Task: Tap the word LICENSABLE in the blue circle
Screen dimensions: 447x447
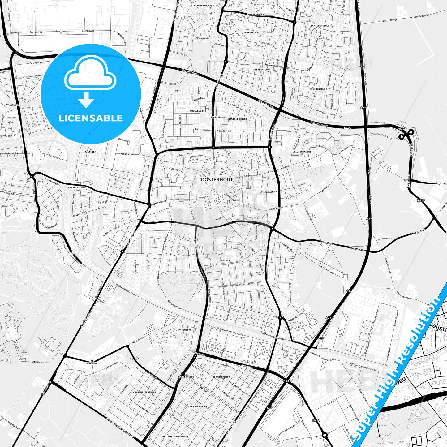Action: (x=91, y=118)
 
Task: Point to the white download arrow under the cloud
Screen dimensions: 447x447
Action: (x=86, y=100)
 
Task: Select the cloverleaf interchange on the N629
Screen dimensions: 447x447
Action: (x=406, y=134)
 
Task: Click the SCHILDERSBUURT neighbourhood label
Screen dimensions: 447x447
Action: (x=321, y=26)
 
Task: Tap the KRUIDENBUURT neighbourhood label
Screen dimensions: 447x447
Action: (x=318, y=89)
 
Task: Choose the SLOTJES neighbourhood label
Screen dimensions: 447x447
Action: (x=225, y=260)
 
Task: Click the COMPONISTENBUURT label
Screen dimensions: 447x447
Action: (x=144, y=392)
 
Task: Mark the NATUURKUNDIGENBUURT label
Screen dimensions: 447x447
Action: (x=176, y=436)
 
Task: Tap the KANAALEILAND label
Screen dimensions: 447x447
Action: (x=77, y=187)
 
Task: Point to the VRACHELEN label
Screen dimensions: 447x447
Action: (x=13, y=105)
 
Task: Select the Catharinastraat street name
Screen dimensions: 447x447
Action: (x=268, y=192)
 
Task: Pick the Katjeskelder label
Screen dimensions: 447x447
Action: (x=38, y=362)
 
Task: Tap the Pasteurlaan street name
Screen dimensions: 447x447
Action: (x=273, y=132)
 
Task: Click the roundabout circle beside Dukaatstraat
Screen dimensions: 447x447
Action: (x=325, y=435)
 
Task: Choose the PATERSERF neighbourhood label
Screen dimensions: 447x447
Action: (x=185, y=330)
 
